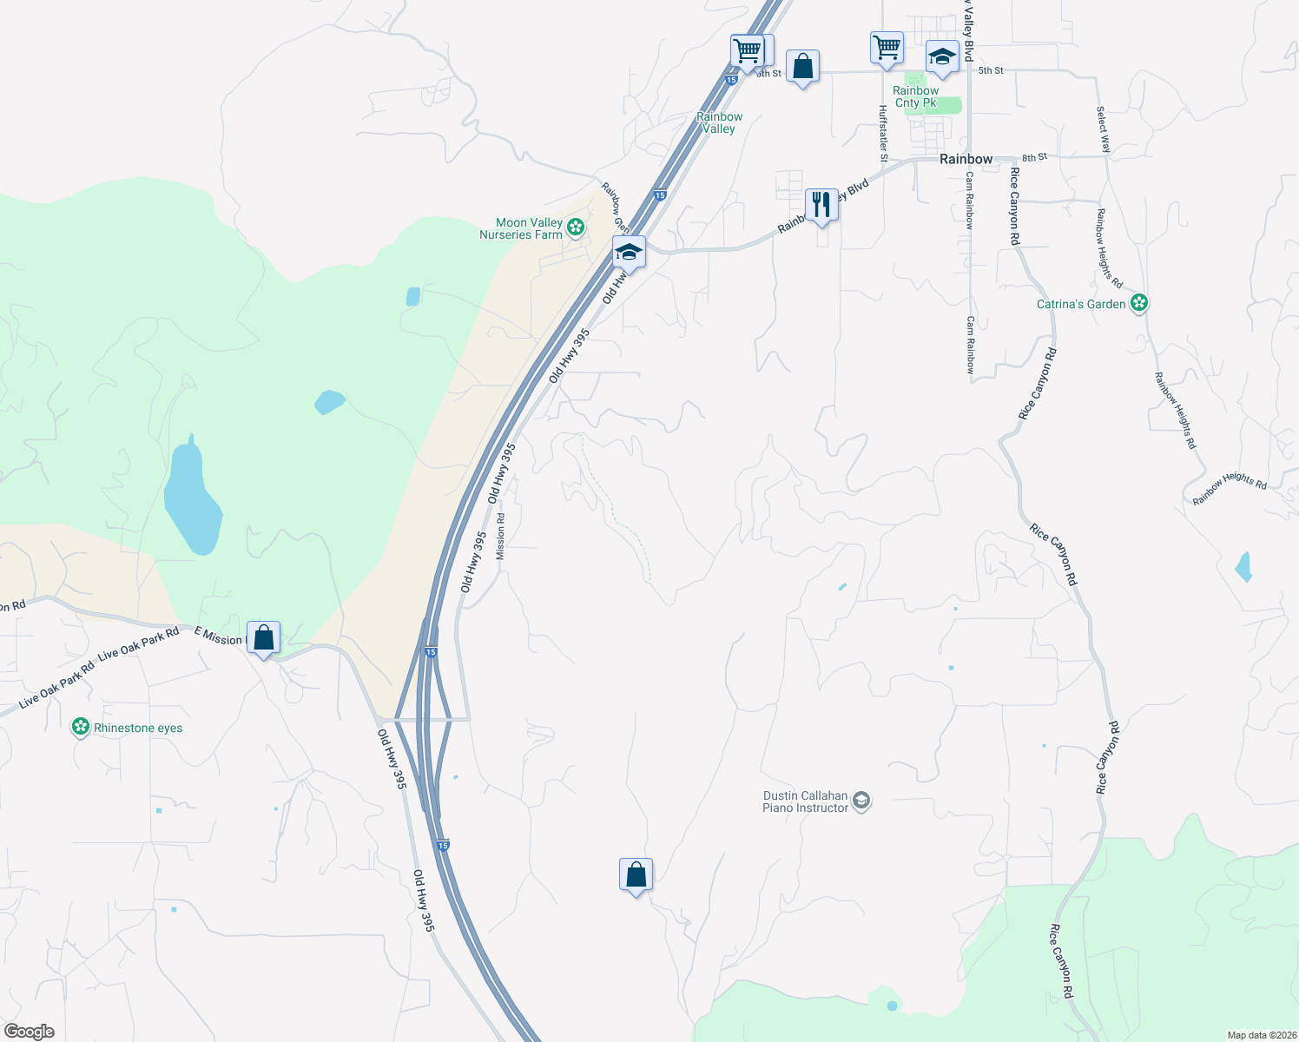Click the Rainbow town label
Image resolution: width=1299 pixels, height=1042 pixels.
[966, 159]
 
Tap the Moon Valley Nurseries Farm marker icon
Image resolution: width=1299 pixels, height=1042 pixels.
[575, 228]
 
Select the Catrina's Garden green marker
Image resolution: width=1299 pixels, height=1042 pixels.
[1139, 304]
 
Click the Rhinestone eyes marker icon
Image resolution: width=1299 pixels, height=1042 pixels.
[81, 727]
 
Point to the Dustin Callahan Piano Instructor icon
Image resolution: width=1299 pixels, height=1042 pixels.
[861, 801]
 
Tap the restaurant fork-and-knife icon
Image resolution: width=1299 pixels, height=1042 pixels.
[821, 205]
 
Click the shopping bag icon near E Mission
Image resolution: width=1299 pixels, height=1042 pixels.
[263, 638]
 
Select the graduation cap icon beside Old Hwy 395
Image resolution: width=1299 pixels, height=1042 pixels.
[629, 253]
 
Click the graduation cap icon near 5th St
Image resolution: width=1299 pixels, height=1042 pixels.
[942, 57]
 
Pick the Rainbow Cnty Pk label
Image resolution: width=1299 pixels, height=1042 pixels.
[915, 96]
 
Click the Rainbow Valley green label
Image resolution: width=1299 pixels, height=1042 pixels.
[719, 122]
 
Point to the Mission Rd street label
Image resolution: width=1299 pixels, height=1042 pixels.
[500, 536]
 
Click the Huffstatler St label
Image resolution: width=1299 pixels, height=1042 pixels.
[882, 134]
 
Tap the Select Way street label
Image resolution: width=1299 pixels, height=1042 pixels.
[1103, 129]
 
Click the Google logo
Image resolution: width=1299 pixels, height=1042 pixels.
[30, 1032]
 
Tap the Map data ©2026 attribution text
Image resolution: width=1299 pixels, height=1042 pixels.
[1260, 1035]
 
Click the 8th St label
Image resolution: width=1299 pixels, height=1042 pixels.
[1034, 157]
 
